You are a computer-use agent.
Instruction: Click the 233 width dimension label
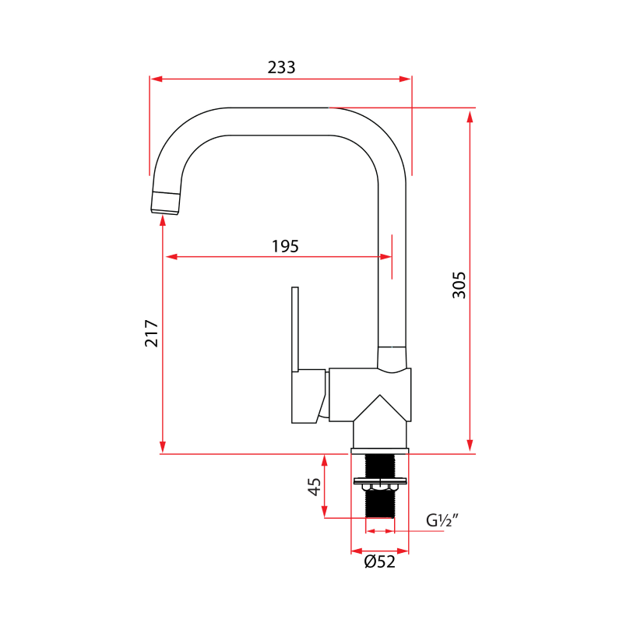click(x=281, y=68)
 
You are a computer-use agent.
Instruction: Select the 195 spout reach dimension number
click(x=285, y=246)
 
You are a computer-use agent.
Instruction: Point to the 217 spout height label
click(x=152, y=333)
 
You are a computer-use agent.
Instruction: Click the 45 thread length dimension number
click(x=315, y=487)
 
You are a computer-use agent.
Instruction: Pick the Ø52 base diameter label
click(x=380, y=561)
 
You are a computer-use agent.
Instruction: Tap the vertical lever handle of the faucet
click(x=295, y=327)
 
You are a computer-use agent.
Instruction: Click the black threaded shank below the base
click(x=380, y=498)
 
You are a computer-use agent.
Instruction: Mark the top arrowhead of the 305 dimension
click(x=470, y=117)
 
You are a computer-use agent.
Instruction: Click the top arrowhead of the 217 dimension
click(x=162, y=221)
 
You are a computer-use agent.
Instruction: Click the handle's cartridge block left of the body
click(x=308, y=396)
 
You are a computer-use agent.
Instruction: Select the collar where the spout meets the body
click(x=392, y=357)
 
